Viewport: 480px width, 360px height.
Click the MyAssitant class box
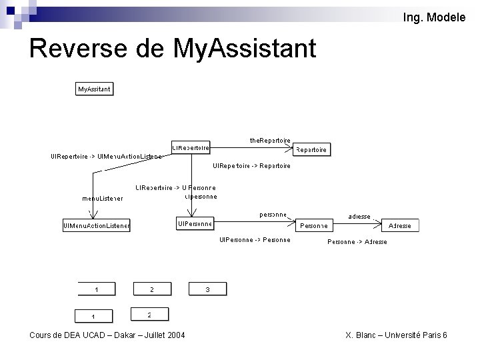click(x=94, y=89)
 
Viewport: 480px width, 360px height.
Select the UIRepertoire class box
click(x=191, y=147)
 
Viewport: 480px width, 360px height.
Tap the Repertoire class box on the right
click(x=311, y=150)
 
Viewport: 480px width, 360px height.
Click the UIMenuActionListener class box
click(x=97, y=226)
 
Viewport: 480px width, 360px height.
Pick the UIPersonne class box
click(x=195, y=223)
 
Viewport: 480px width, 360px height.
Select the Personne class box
click(x=313, y=226)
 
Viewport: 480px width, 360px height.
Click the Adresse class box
click(x=400, y=226)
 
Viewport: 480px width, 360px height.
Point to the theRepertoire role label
click(x=270, y=140)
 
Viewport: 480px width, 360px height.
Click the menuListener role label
click(x=102, y=198)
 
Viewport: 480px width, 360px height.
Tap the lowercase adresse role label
click(x=359, y=216)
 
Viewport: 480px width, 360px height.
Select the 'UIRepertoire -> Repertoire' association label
click(x=251, y=165)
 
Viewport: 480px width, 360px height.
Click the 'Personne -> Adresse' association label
click(x=357, y=242)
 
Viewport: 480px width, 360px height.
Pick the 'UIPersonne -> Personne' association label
click(x=255, y=240)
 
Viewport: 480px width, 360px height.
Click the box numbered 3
click(x=208, y=289)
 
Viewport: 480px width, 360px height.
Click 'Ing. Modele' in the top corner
click(x=435, y=17)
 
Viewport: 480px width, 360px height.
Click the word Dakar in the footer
click(x=124, y=335)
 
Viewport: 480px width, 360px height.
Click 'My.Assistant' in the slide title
click(x=244, y=48)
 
